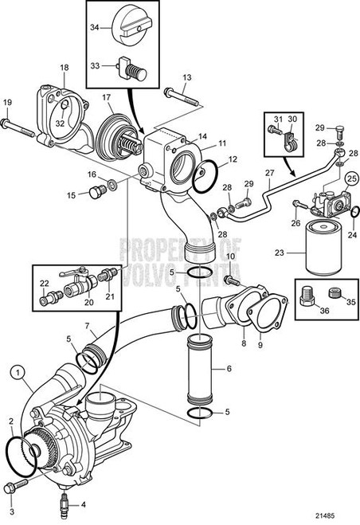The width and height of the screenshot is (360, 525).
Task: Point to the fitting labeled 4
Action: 62,500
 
